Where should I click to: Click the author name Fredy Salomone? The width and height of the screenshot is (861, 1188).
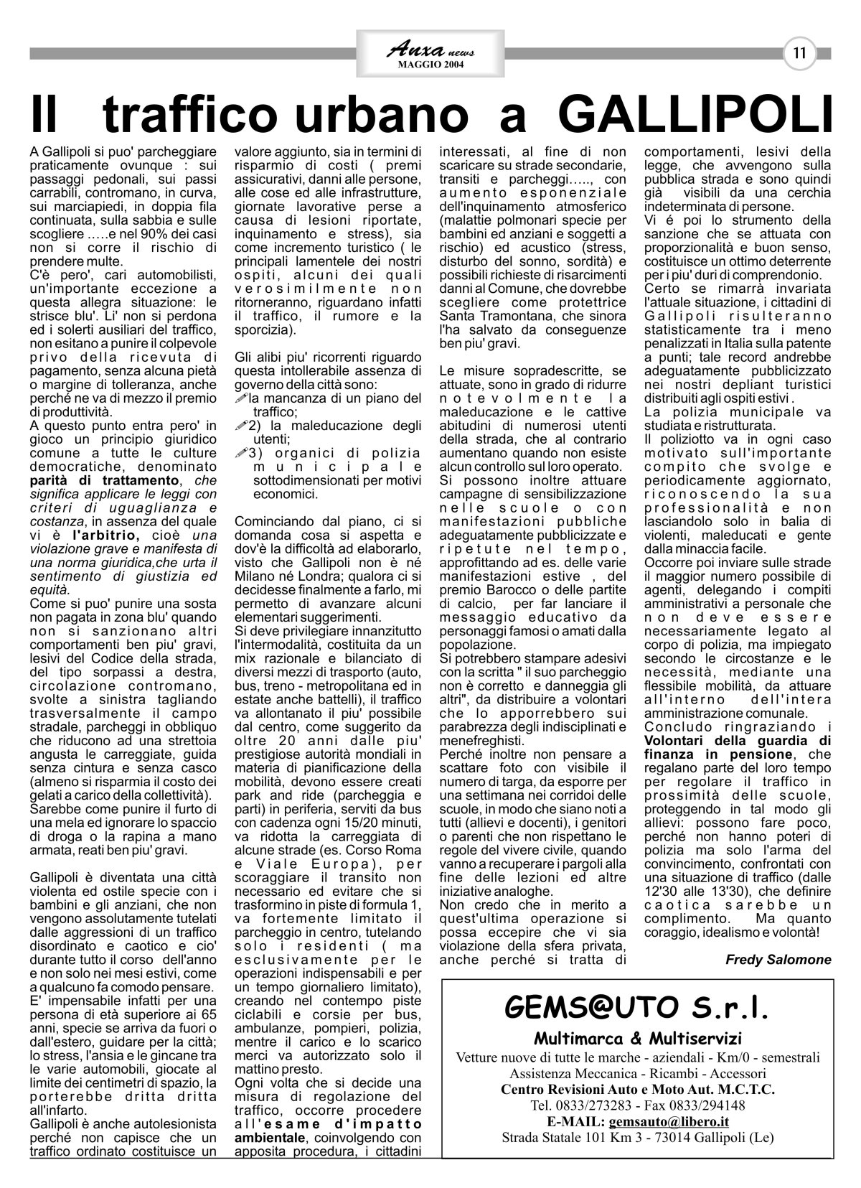(x=778, y=959)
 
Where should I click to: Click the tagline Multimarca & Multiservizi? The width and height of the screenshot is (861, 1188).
(x=637, y=1038)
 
